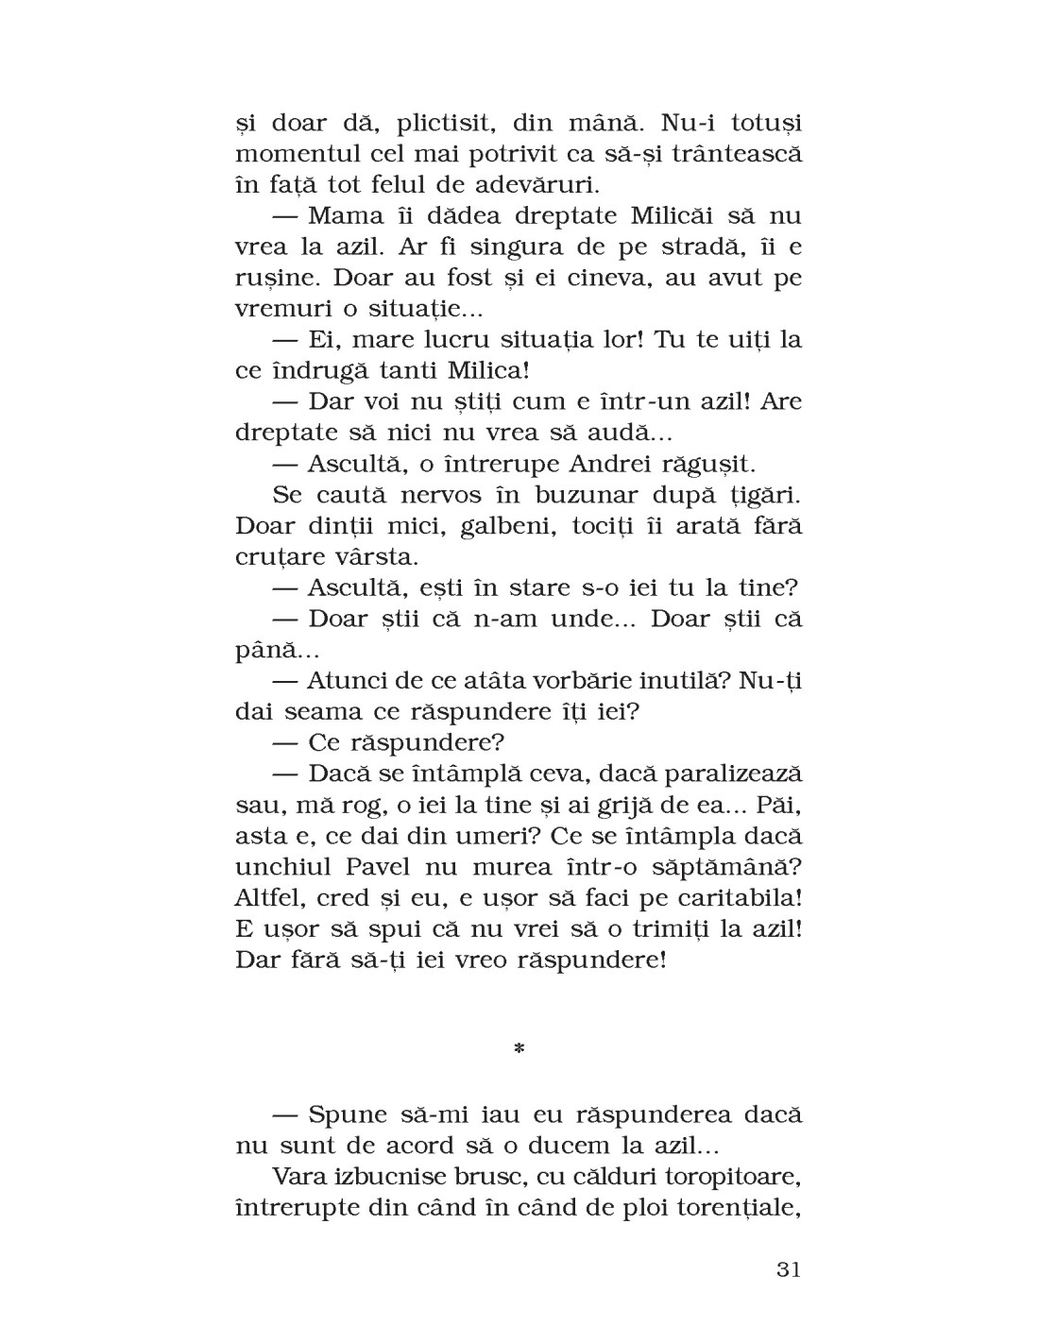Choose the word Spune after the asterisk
(348, 1114)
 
